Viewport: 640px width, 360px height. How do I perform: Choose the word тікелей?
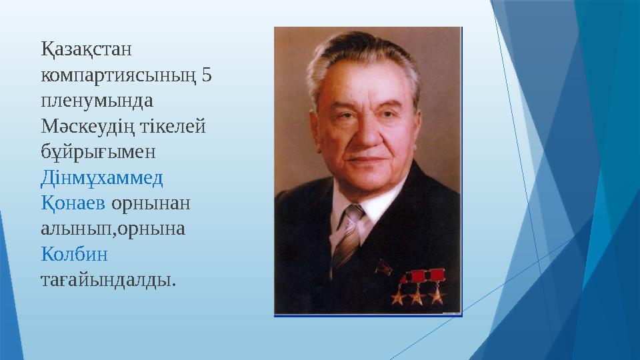[x=173, y=125]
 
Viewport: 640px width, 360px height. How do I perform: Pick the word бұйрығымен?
[x=98, y=151]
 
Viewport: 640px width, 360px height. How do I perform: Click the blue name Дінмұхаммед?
[x=102, y=177]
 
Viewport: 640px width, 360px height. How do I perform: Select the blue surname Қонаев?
[x=73, y=203]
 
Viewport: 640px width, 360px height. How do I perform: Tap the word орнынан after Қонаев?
[x=151, y=203]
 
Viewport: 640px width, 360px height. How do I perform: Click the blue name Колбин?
[x=74, y=254]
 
